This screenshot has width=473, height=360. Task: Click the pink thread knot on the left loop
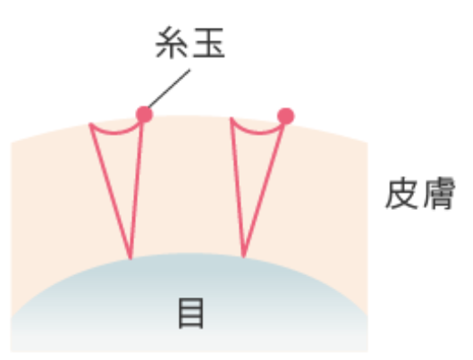(x=145, y=114)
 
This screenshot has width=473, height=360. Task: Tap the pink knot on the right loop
(x=285, y=116)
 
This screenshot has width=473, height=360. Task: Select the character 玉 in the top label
(x=208, y=43)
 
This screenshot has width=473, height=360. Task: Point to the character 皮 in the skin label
(x=401, y=194)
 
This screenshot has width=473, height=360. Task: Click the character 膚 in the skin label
(x=439, y=194)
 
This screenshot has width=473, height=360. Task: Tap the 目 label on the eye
(x=191, y=313)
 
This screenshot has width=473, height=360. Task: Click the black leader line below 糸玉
(x=169, y=88)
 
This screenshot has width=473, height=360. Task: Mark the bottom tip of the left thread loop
(x=131, y=258)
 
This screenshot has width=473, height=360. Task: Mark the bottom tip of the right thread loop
(x=243, y=257)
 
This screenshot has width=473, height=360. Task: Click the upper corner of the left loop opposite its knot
(x=90, y=123)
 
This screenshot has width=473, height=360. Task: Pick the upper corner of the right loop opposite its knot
(x=232, y=118)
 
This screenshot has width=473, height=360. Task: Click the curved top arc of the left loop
(x=115, y=133)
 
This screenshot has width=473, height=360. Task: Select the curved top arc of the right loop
(x=258, y=132)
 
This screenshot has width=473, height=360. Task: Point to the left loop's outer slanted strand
(x=110, y=191)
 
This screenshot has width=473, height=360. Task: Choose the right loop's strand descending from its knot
(x=264, y=190)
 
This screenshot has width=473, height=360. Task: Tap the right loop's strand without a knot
(x=238, y=188)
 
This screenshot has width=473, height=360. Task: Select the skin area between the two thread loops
(x=187, y=187)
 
